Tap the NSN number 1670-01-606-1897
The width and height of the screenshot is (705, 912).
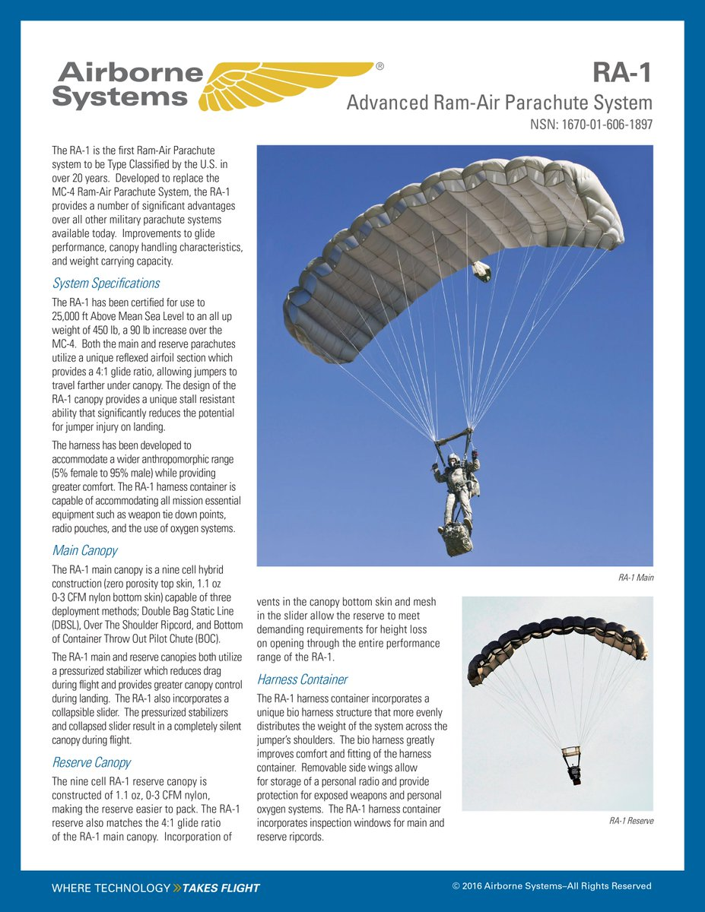pyautogui.click(x=591, y=123)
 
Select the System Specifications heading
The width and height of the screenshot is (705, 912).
pyautogui.click(x=106, y=283)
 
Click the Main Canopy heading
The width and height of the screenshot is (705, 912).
pyautogui.click(x=84, y=549)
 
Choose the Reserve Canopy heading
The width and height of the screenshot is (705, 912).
pyautogui.click(x=91, y=762)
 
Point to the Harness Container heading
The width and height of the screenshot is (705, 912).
pyautogui.click(x=302, y=679)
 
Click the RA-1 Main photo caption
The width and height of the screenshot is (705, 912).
pyautogui.click(x=636, y=578)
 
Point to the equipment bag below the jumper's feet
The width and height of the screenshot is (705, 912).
pyautogui.click(x=456, y=539)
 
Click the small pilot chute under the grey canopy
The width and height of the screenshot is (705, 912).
pyautogui.click(x=481, y=271)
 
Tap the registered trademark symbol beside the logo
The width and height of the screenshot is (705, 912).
pyautogui.click(x=379, y=66)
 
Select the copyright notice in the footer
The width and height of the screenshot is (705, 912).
pyautogui.click(x=551, y=886)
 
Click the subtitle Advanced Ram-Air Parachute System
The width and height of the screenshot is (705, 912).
pyautogui.click(x=499, y=103)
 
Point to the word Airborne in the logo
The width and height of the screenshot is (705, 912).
pyautogui.click(x=130, y=73)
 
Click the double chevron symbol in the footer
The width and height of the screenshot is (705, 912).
pyautogui.click(x=177, y=888)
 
